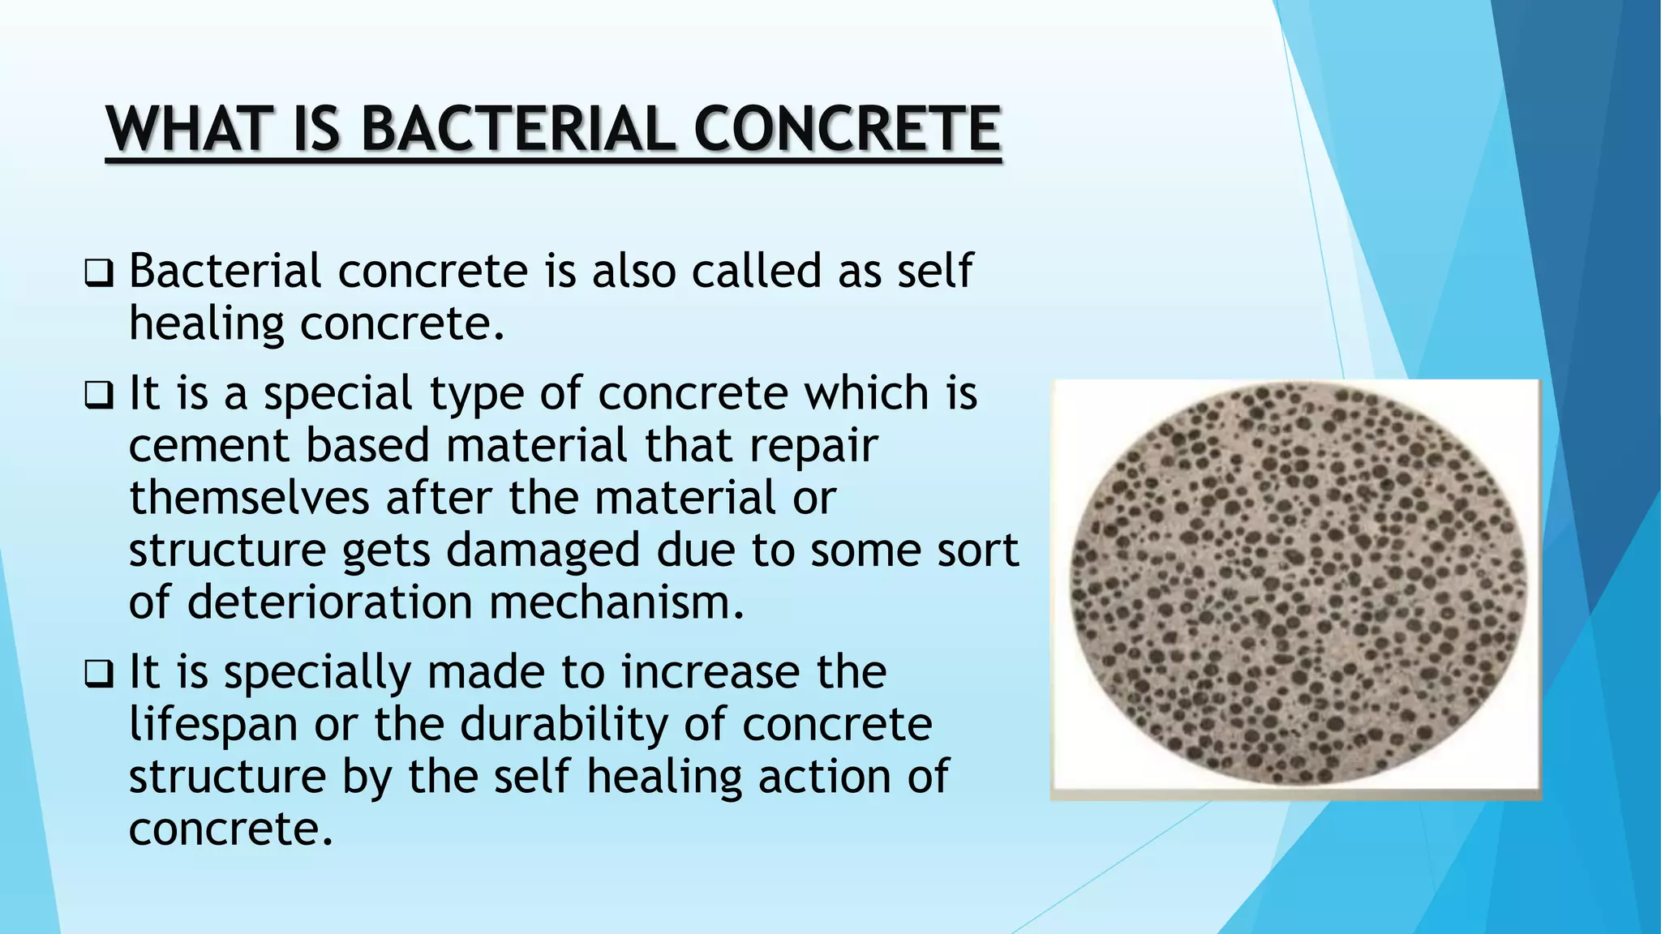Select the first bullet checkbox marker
coord(98,274)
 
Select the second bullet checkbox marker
coord(98,396)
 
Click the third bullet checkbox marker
coord(98,675)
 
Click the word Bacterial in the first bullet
coord(225,271)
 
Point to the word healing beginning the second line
coord(206,324)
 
